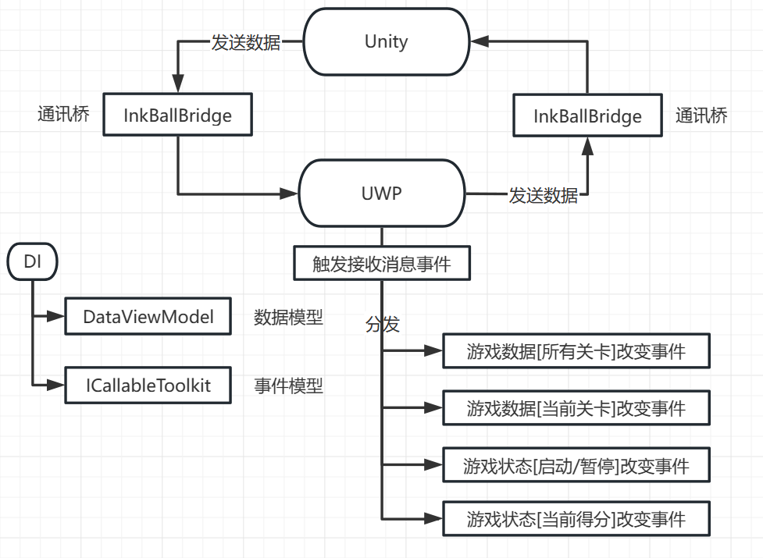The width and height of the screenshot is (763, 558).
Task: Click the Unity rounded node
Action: click(386, 41)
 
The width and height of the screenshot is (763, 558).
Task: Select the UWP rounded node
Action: click(382, 193)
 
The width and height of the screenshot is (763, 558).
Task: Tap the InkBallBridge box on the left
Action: click(178, 116)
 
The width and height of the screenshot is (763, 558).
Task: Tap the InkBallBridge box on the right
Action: click(587, 116)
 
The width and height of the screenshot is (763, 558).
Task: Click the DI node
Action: click(33, 262)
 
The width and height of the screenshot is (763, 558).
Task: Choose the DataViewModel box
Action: click(148, 317)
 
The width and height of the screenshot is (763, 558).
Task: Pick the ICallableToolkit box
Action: click(148, 385)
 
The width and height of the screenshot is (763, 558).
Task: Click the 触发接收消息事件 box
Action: click(382, 264)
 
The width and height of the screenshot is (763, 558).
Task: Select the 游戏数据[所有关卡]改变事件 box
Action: click(576, 351)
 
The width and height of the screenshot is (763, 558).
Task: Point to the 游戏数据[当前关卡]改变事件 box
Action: click(576, 408)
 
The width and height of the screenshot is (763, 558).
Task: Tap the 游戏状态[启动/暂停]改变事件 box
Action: click(576, 467)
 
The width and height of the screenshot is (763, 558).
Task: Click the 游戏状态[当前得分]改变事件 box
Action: click(576, 519)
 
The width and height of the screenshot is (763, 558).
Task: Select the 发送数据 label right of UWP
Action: click(544, 195)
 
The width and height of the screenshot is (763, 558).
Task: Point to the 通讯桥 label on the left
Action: click(63, 115)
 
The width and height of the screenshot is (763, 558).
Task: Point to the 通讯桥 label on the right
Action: click(701, 116)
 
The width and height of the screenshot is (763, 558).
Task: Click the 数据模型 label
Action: click(288, 318)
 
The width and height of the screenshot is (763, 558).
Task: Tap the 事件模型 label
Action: click(288, 386)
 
